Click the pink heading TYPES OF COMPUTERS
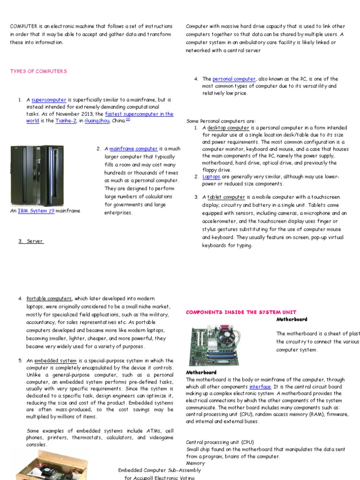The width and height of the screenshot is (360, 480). click(38, 71)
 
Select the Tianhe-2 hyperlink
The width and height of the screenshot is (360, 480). click(66, 121)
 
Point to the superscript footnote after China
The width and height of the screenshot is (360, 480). click(127, 120)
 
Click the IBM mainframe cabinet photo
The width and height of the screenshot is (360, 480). click(37, 176)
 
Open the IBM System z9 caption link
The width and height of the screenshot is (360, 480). click(36, 211)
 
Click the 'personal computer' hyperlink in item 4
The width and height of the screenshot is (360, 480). click(234, 79)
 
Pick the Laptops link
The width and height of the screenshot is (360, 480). click(211, 177)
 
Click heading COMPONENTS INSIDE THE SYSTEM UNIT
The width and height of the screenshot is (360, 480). click(241, 312)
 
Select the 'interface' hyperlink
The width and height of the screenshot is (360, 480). click(260, 387)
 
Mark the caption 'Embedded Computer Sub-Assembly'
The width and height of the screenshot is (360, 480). click(159, 470)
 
